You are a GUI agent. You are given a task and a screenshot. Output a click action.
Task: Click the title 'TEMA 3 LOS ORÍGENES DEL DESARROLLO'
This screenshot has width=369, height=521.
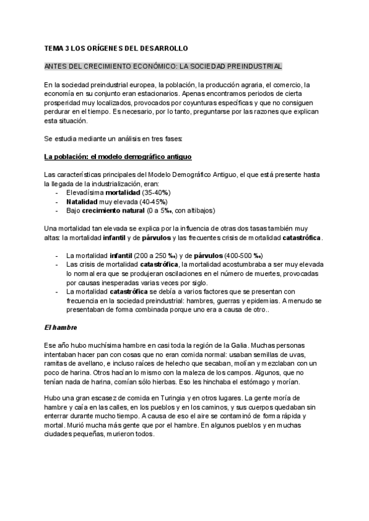point(116,47)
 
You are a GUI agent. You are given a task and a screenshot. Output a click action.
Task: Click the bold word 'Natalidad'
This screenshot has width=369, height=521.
point(82,201)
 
